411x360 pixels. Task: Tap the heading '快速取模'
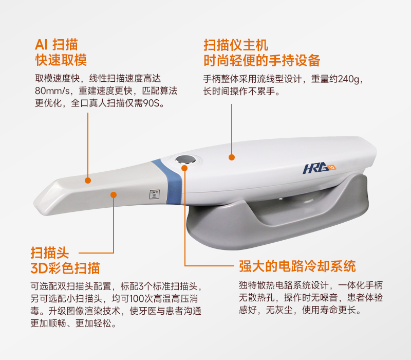(x=61, y=60)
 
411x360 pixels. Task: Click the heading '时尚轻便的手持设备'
(x=262, y=60)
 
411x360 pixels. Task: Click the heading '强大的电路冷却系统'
(x=297, y=266)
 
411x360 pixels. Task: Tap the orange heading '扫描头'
(x=49, y=253)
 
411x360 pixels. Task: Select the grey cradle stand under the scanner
(x=288, y=216)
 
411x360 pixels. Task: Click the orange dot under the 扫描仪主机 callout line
(x=232, y=157)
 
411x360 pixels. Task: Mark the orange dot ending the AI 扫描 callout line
(x=88, y=180)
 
